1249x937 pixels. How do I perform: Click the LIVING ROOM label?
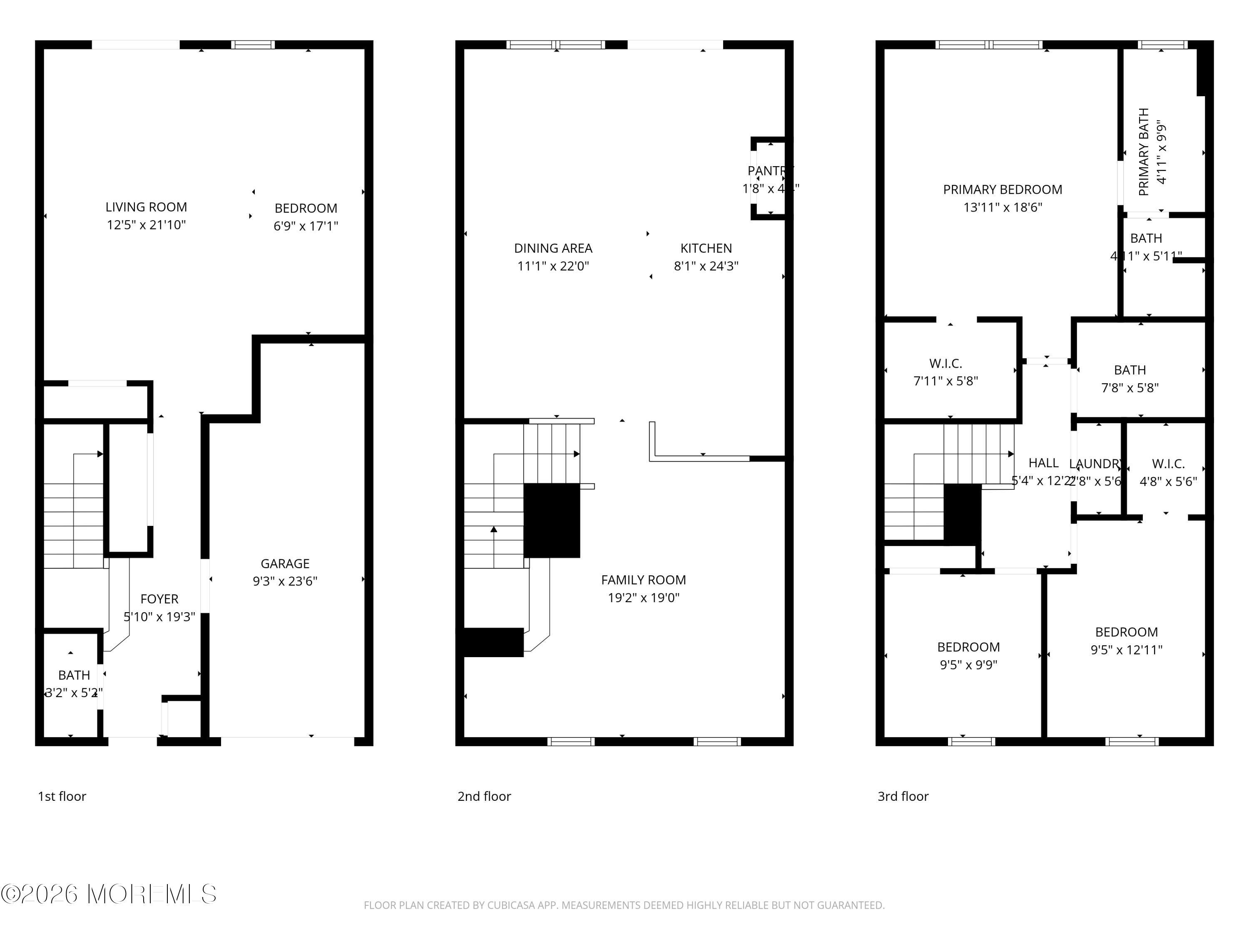pyautogui.click(x=146, y=207)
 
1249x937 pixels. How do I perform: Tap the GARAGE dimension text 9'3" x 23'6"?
pyautogui.click(x=285, y=581)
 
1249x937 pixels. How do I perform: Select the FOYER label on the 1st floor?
pyautogui.click(x=159, y=599)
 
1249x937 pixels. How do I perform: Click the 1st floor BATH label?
pyautogui.click(x=74, y=675)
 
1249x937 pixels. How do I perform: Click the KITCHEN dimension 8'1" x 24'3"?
pyautogui.click(x=706, y=266)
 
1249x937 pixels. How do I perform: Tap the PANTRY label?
pyautogui.click(x=769, y=171)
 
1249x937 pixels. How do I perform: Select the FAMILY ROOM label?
pyautogui.click(x=643, y=580)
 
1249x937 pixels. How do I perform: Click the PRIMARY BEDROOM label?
pyautogui.click(x=1002, y=190)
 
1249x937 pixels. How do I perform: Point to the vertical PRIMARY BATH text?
pyautogui.click(x=1144, y=152)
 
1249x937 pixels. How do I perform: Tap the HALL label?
pyautogui.click(x=1043, y=463)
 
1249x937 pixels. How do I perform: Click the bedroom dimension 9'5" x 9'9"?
pyautogui.click(x=968, y=665)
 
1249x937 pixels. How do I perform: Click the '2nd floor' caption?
pyautogui.click(x=484, y=796)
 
